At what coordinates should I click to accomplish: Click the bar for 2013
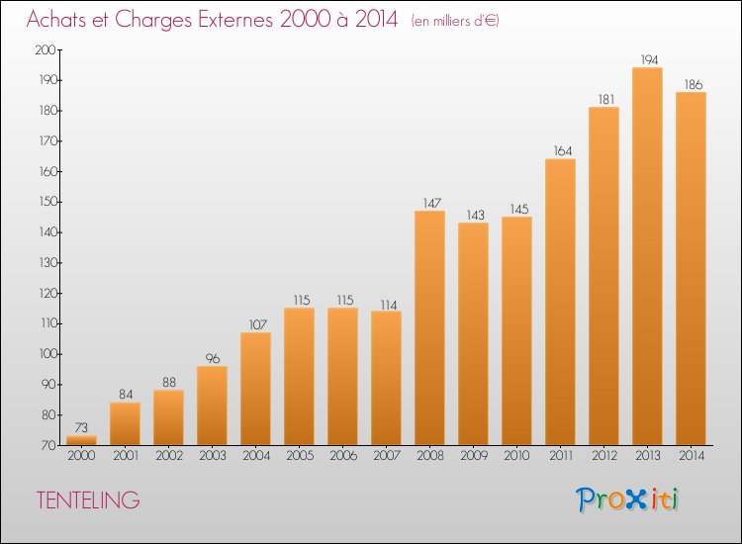pos(647,256)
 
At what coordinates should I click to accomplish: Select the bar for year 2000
pos(81,440)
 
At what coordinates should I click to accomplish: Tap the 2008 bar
pos(429,327)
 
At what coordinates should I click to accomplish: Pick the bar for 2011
pos(560,302)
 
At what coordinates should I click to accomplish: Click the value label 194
pos(649,60)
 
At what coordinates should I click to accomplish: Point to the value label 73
pos(81,427)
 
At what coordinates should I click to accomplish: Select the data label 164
pos(563,151)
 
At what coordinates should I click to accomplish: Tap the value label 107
pos(258,324)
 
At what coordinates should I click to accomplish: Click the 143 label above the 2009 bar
pos(476,215)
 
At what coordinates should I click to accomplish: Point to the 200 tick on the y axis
pos(46,49)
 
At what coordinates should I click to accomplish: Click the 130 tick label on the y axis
pos(46,262)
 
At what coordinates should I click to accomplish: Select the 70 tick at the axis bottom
pos(48,445)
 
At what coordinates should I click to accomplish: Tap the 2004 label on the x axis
pos(256,455)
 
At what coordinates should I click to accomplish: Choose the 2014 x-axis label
pos(692,455)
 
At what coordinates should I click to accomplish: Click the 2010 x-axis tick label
pos(516,455)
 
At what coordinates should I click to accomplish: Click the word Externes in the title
pos(235,19)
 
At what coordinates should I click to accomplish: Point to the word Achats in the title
pos(56,19)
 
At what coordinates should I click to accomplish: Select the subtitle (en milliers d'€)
pos(455,21)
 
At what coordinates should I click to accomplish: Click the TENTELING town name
pos(88,500)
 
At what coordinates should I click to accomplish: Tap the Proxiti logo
pos(627,499)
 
